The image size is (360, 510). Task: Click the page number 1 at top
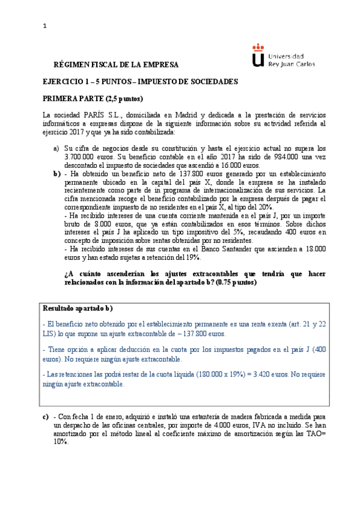pyautogui.click(x=45, y=26)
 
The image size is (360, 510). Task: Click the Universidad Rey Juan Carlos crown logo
pyautogui.click(x=257, y=55)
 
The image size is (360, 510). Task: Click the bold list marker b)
pyautogui.click(x=56, y=173)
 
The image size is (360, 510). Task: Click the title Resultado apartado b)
pyautogui.click(x=78, y=308)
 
